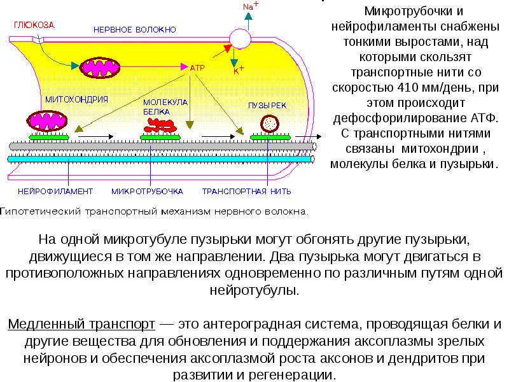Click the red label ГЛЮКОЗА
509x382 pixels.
coord(34,25)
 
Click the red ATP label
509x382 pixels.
coord(196,66)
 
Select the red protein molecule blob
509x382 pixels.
coord(159,123)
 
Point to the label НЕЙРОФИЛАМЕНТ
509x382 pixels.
coord(55,190)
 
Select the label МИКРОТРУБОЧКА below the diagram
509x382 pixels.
coord(147,190)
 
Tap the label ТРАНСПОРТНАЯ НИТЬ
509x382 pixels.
coord(246,190)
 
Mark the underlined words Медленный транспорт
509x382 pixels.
coord(82,325)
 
